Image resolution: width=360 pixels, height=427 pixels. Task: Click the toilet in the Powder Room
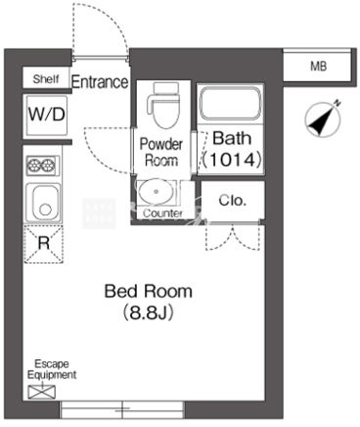(163, 105)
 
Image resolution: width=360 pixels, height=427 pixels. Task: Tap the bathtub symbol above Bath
(230, 104)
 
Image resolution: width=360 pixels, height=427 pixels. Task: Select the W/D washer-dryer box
(47, 115)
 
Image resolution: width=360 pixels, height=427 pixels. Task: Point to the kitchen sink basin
(43, 203)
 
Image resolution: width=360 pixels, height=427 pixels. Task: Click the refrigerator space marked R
(44, 244)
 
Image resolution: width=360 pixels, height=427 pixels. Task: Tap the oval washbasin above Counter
(157, 191)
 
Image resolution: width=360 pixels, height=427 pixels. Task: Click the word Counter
(162, 213)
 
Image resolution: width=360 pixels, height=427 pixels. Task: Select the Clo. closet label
(232, 201)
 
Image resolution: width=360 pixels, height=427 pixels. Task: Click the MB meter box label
(318, 67)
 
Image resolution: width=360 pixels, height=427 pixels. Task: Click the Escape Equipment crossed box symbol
(42, 392)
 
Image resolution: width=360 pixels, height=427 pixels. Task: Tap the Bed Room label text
(149, 291)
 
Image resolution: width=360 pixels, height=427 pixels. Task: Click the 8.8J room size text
(148, 313)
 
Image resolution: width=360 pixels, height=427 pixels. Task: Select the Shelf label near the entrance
(46, 78)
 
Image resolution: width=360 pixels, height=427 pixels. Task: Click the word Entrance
(100, 82)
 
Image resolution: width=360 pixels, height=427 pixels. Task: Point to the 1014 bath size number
(232, 160)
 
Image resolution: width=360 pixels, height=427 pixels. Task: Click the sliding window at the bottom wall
(122, 409)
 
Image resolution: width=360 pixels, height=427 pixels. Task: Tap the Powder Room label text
(161, 152)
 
